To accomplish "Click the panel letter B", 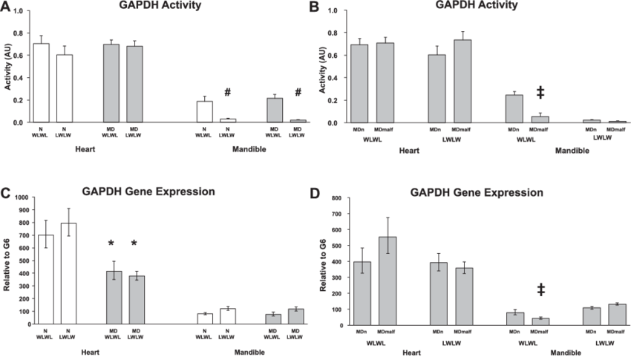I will click(314, 7).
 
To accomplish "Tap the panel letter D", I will click(315, 194).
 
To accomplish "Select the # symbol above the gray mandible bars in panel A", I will click(298, 94).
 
